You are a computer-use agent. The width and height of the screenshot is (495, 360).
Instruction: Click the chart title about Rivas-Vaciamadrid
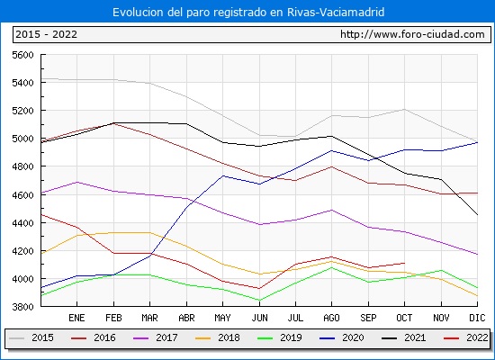pos(248,12)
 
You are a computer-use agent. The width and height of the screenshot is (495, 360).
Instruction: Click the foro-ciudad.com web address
pos(412,34)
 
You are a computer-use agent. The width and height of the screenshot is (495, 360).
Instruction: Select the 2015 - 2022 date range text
pos(47,34)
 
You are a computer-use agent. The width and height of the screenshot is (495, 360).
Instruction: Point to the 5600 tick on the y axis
pos(22,55)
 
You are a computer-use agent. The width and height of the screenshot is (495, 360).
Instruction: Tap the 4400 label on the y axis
pos(22,223)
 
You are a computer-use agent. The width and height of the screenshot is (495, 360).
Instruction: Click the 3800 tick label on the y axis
pos(22,307)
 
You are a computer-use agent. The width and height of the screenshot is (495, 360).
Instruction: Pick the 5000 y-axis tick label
pos(22,139)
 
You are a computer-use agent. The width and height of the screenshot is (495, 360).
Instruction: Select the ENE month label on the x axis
pos(76,318)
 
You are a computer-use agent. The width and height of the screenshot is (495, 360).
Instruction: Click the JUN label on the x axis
pos(259,318)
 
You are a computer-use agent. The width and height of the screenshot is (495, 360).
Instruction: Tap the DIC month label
pos(477,318)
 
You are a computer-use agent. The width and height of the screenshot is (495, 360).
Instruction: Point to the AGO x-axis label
pos(331,318)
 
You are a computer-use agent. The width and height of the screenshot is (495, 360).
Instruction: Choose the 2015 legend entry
pos(31,337)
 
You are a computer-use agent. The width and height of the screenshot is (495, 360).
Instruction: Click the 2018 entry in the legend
pos(218,337)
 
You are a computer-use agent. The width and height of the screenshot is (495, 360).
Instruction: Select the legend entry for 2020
pos(342,337)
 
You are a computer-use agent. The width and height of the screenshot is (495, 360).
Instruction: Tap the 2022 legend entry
pos(466,337)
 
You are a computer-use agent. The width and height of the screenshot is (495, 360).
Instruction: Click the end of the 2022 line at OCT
pos(404,263)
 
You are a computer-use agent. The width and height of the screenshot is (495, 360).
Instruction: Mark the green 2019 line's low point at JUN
pos(259,300)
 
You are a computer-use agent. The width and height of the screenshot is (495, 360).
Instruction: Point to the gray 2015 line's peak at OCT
pos(404,109)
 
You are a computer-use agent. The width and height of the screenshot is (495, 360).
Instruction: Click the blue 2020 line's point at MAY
pos(223,175)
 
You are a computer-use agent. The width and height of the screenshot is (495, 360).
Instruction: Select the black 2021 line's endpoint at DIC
pos(477,215)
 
